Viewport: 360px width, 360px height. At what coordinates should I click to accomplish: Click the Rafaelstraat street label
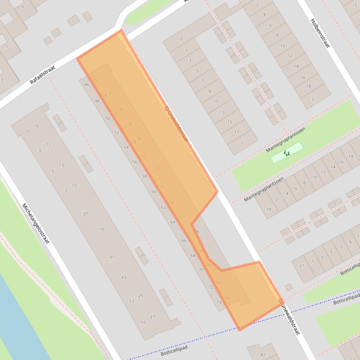43,75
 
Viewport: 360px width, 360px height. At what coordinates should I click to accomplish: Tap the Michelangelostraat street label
36,225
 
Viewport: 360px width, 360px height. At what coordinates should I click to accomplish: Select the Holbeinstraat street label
320,33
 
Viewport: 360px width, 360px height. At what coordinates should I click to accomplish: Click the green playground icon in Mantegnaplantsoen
287,153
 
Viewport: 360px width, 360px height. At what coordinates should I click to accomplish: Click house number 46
87,85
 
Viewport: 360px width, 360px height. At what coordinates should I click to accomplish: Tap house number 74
219,302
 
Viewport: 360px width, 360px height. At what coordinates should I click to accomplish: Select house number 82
263,355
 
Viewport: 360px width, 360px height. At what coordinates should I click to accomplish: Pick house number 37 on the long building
85,214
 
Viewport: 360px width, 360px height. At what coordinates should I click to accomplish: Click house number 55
143,322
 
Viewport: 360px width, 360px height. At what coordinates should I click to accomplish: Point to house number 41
111,257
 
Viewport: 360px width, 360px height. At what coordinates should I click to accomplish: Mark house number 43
124,277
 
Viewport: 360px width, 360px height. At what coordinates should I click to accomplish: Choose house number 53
132,301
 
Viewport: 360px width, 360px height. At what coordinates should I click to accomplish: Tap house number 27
153,317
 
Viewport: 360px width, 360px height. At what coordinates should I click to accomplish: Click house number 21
302,266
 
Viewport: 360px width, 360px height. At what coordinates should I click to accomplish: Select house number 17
236,132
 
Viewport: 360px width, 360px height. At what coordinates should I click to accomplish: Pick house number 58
144,176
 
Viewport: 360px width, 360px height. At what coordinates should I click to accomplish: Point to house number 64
173,222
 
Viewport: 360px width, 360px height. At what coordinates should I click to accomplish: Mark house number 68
193,255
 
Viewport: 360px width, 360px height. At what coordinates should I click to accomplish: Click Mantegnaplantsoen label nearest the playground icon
286,139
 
